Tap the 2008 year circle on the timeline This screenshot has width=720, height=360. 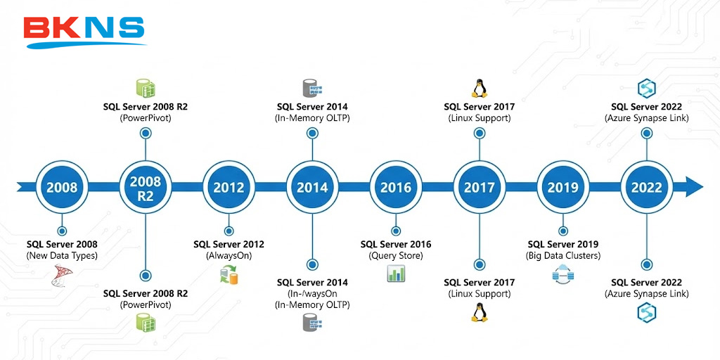62,187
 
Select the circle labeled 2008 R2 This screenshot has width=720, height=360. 146,187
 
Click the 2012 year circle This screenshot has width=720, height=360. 229,187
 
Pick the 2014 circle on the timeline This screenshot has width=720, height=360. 312,187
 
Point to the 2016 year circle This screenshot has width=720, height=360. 396,187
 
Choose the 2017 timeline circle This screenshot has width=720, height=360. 479,187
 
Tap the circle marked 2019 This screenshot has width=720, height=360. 562,187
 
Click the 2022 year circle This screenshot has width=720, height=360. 646,187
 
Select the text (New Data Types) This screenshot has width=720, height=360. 62,256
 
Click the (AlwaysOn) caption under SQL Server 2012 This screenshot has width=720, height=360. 229,256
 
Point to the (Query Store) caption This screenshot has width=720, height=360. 396,256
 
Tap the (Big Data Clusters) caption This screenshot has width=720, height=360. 563,256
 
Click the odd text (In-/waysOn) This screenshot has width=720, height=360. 312,294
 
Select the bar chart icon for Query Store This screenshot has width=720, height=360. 396,274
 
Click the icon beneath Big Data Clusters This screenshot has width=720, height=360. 563,275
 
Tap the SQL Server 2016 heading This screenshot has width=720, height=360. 396,245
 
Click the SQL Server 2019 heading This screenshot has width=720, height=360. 563,245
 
